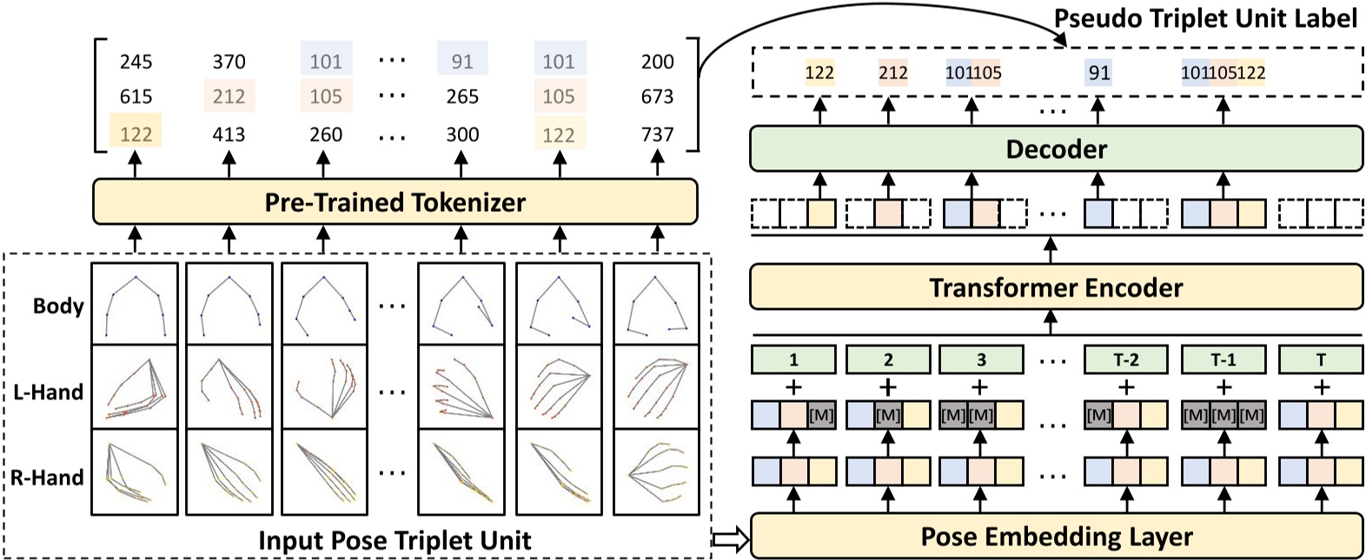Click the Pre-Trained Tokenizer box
tap(395, 202)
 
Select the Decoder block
tap(1056, 149)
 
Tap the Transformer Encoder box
tap(1056, 287)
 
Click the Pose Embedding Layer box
tap(1056, 537)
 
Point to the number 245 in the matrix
tap(136, 62)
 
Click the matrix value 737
tap(657, 135)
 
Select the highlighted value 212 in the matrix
tap(229, 96)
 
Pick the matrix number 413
tap(229, 135)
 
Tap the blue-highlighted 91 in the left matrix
tap(462, 62)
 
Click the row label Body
tap(58, 306)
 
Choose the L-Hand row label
tap(48, 392)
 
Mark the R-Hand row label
tap(48, 477)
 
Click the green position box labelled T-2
tap(1125, 359)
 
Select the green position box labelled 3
tap(981, 359)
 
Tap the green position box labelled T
tap(1320, 359)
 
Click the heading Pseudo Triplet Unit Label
tap(1204, 18)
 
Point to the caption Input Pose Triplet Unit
tap(395, 540)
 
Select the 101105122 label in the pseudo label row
tap(1223, 73)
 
